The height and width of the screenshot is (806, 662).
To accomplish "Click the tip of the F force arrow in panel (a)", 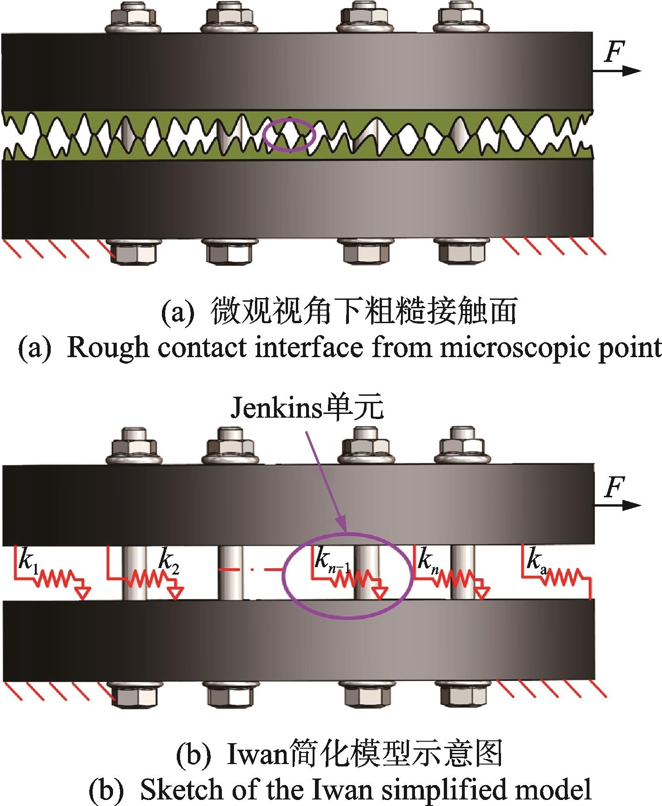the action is click(642, 71).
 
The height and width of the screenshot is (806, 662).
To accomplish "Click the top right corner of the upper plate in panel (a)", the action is click(592, 32).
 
